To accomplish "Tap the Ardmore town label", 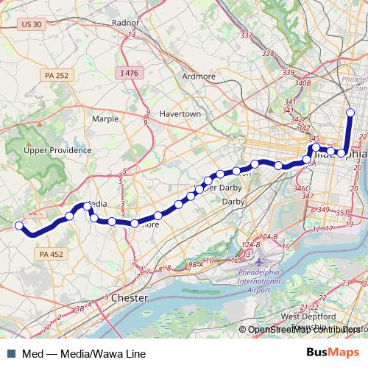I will click(199, 76).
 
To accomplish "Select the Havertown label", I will click(180, 115).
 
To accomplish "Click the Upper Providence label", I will click(57, 150).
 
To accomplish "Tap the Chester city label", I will click(129, 298).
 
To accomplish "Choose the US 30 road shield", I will click(32, 24).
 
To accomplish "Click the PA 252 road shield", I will click(57, 75).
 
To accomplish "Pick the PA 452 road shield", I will click(49, 252).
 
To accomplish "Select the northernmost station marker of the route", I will click(350, 113).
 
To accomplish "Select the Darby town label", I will click(233, 201).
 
